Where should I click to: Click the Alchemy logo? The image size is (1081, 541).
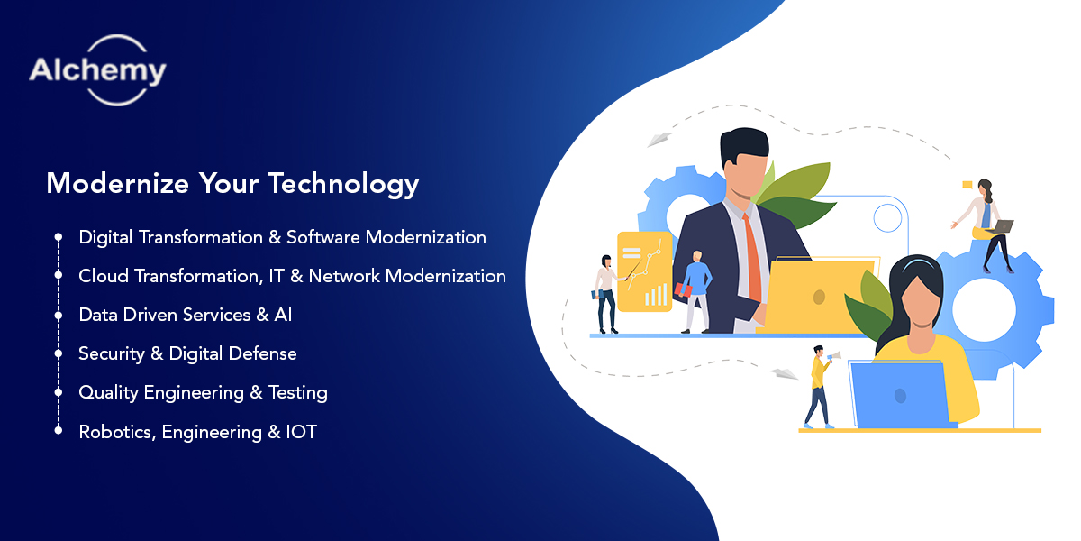point(97,70)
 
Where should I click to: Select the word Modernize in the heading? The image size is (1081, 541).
point(117,184)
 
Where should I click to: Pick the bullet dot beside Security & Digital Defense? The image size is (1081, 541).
point(59,354)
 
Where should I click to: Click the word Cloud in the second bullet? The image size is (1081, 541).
point(104,276)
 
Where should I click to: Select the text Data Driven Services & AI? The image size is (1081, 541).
point(185,315)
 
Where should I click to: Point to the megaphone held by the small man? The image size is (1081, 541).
point(832,357)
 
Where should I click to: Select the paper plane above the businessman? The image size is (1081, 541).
point(659,140)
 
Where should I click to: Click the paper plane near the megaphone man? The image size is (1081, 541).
point(783,373)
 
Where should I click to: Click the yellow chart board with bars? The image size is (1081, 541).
point(643,270)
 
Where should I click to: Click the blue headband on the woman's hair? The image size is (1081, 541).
point(913,264)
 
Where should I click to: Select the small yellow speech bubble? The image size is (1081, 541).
point(967,185)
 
